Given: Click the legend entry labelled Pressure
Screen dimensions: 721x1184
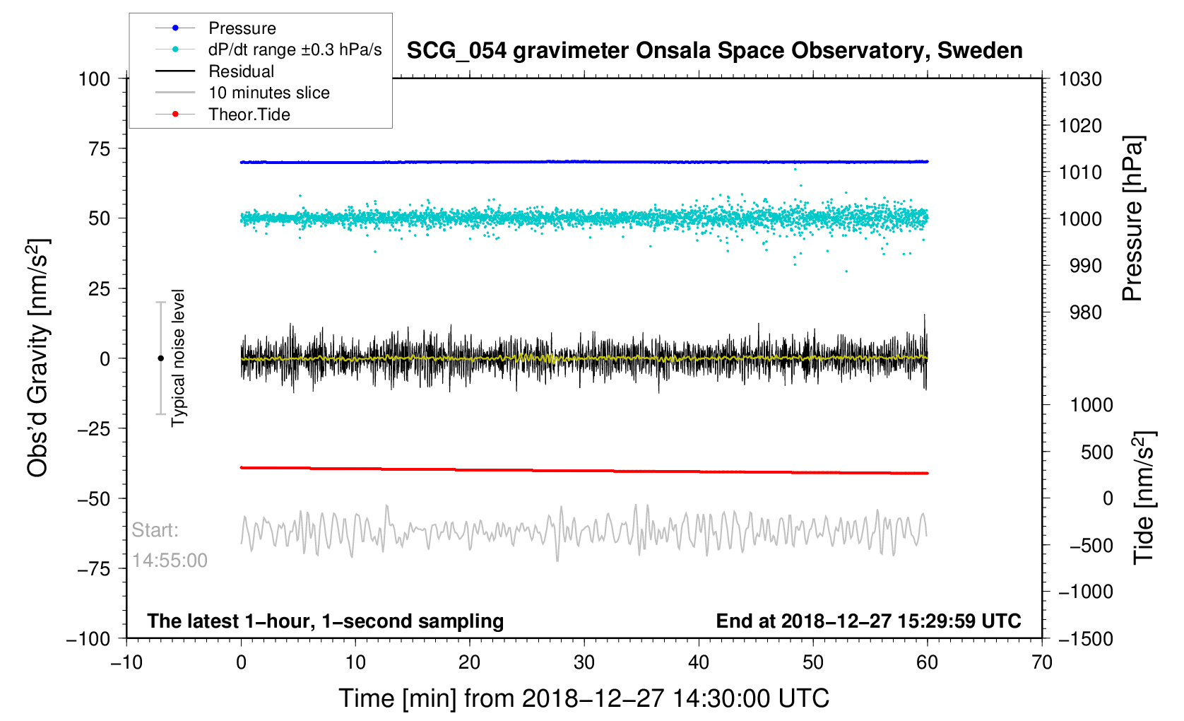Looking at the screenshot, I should (x=242, y=28).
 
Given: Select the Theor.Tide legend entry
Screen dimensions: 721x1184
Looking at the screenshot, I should (x=249, y=115).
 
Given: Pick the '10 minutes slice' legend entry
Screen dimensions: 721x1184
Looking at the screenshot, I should (x=268, y=93).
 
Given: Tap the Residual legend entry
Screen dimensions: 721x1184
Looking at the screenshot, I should (x=241, y=71).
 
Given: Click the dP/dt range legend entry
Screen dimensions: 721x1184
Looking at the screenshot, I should (x=295, y=49).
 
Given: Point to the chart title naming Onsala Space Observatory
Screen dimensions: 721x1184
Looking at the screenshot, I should (x=714, y=51).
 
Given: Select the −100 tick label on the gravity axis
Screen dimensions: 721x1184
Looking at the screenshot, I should (x=88, y=639).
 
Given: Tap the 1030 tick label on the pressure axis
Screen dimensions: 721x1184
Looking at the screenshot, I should (x=1080, y=79).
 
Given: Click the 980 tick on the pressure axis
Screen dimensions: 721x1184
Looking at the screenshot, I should (x=1080, y=312).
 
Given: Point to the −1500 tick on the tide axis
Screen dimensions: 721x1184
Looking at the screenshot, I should (x=1085, y=639).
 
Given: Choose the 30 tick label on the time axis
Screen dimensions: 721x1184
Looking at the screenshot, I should (x=584, y=662).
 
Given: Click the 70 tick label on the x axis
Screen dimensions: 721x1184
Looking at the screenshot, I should (x=1042, y=662).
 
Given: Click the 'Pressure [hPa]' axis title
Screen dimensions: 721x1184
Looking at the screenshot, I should (x=1132, y=219).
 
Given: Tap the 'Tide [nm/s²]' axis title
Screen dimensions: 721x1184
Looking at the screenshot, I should (x=1143, y=498).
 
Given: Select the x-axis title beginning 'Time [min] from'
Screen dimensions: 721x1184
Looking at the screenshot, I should (x=584, y=698).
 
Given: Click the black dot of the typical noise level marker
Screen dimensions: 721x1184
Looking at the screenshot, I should (x=160, y=358).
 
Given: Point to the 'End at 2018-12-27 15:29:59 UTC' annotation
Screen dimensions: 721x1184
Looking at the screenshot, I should (x=868, y=621).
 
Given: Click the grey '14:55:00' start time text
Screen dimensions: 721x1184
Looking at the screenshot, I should (x=170, y=561).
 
